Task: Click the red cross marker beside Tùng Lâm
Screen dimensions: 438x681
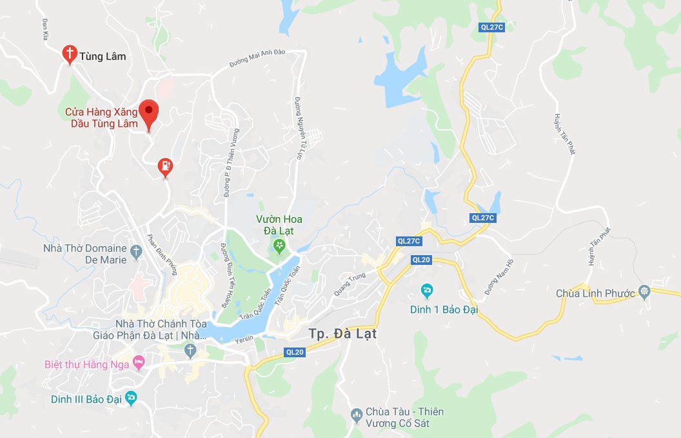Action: [69, 54]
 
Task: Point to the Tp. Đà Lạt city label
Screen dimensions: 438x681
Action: [342, 334]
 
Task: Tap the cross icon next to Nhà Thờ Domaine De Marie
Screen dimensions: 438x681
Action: [136, 251]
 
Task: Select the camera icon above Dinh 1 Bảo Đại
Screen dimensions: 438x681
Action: [426, 289]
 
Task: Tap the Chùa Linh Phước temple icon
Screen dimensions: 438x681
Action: [644, 291]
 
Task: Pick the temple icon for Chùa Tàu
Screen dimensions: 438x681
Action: [356, 413]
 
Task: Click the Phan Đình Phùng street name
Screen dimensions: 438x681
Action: [162, 254]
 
